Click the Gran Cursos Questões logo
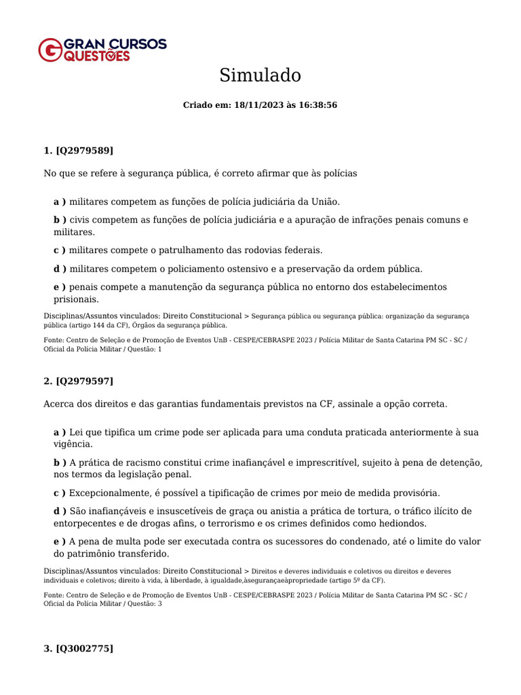pos(102,50)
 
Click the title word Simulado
pos(260,75)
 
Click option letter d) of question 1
pos(60,269)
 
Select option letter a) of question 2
pos(60,432)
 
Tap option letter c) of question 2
pos(60,493)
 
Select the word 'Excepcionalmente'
pos(108,493)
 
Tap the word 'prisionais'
pos(76,299)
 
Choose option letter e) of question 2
pos(60,542)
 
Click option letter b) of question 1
pos(60,220)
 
